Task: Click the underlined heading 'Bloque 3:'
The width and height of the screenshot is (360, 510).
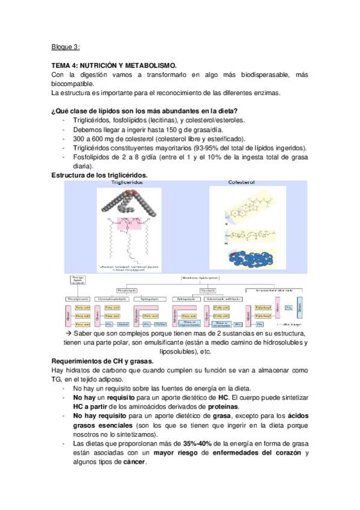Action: (x=66, y=46)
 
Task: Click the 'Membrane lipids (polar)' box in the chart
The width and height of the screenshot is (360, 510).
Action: (x=200, y=278)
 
